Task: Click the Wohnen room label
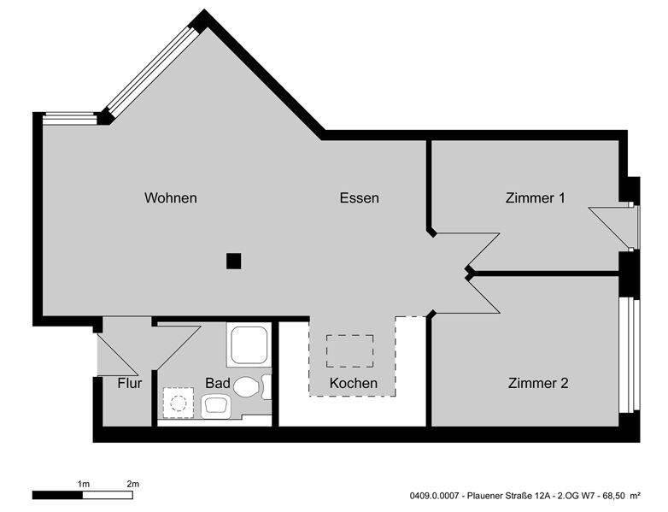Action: [171, 198]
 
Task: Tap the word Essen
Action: [359, 198]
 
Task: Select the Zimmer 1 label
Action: [536, 198]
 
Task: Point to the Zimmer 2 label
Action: [538, 383]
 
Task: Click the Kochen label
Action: [353, 383]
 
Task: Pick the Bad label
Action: [217, 384]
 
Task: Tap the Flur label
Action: [129, 383]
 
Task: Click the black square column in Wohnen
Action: [233, 262]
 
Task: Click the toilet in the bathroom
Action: [247, 387]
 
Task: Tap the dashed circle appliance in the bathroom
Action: [179, 400]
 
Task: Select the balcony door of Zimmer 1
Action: [630, 226]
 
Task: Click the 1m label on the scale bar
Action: [83, 484]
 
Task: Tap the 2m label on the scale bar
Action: [132, 484]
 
